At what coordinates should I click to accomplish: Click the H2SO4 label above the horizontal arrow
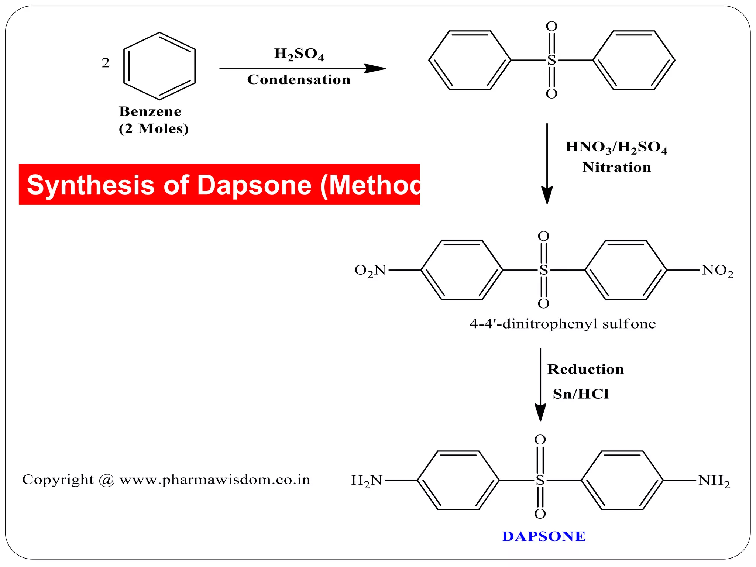[x=299, y=54]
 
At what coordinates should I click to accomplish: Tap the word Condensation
[x=299, y=80]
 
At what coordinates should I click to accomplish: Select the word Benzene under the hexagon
[x=150, y=111]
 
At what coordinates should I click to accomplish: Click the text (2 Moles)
[x=154, y=128]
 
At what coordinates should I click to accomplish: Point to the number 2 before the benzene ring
[x=106, y=63]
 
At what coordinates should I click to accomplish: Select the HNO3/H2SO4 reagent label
[x=616, y=147]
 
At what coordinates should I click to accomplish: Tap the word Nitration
[x=616, y=167]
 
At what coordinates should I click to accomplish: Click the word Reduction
[x=585, y=369]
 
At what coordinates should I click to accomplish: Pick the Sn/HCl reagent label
[x=580, y=394]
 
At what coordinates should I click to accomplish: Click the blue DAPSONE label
[x=543, y=536]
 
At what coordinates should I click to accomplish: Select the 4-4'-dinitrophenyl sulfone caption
[x=563, y=324]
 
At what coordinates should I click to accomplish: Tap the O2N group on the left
[x=370, y=271]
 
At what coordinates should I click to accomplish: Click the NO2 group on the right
[x=717, y=271]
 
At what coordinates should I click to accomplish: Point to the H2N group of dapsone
[x=367, y=481]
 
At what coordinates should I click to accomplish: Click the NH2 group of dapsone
[x=714, y=481]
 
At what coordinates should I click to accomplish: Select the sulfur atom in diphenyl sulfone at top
[x=551, y=60]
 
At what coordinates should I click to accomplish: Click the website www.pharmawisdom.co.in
[x=215, y=480]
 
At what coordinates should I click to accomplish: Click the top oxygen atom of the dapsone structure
[x=540, y=440]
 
